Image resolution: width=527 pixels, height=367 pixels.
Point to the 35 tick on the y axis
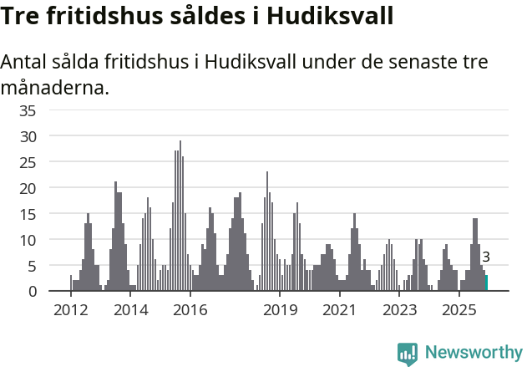pos(28,110)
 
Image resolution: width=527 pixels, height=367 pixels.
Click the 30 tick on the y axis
pos(28,135)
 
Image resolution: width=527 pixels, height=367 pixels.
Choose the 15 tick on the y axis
pos(28,213)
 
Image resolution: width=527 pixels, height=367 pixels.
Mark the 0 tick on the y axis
pos(32,291)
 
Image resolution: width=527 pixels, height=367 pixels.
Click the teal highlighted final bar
pos(487,283)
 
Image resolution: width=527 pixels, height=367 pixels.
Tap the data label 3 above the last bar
pos(486,257)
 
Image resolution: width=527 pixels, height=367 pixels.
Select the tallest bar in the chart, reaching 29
pos(180,217)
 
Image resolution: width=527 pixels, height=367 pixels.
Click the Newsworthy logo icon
pos(408,354)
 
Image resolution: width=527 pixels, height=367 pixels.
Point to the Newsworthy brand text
pos(474,353)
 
